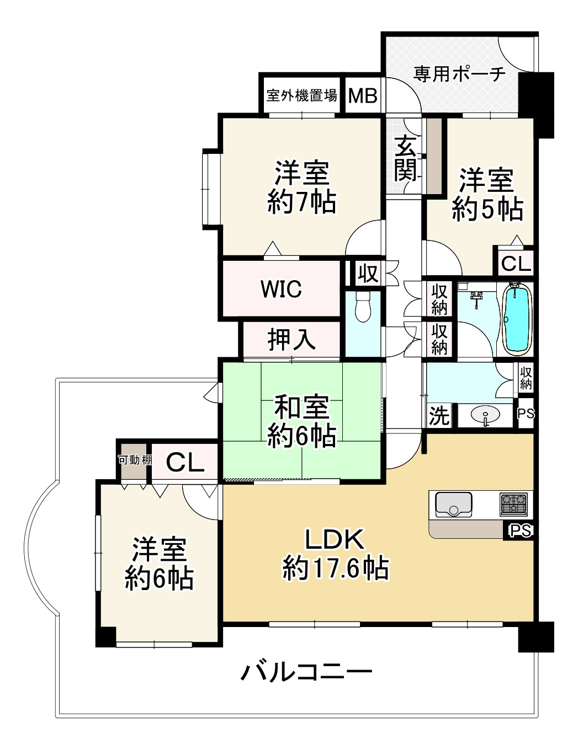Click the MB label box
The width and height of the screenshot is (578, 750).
363,95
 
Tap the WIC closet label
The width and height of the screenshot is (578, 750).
281,289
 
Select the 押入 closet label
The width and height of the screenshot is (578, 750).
291,339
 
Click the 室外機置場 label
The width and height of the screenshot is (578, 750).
301,95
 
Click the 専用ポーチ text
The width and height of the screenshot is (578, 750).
459,73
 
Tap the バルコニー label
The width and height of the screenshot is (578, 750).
306,672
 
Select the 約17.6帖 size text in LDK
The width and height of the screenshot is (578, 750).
336,569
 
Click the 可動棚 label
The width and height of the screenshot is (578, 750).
134,459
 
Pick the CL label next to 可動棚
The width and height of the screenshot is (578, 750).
185,462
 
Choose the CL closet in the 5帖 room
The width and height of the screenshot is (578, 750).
516,263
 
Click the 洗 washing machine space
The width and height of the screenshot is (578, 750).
439,415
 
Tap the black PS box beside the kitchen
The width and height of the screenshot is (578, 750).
519,531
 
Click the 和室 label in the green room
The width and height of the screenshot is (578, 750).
301,407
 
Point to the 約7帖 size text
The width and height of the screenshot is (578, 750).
301,202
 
